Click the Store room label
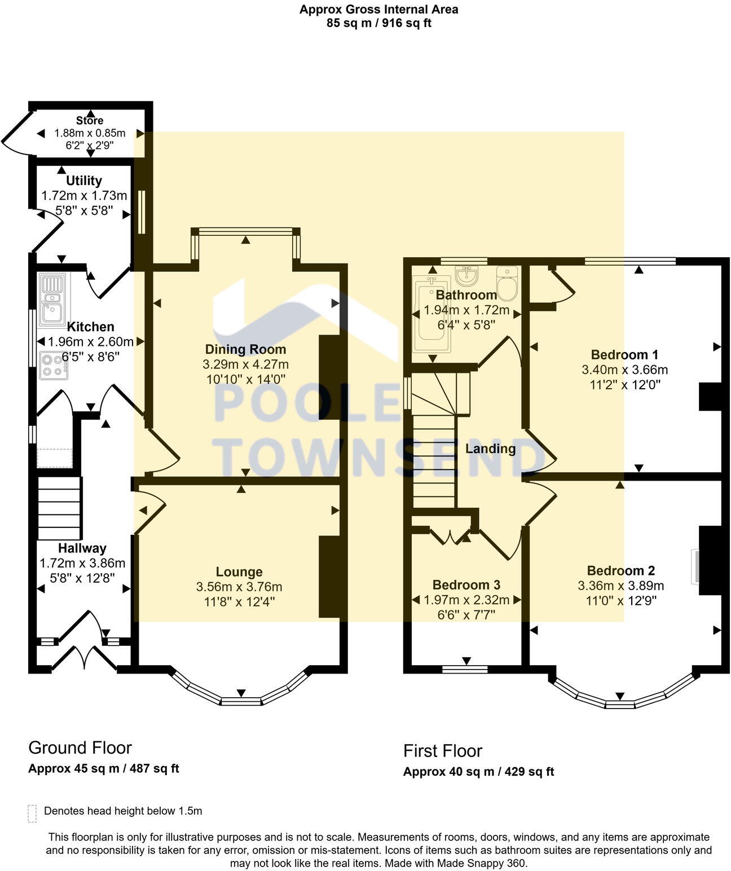(x=90, y=121)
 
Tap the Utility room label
(x=84, y=181)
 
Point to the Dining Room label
(x=245, y=349)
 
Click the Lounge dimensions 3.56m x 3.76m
(x=239, y=587)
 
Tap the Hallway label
(x=82, y=548)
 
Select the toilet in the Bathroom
(x=507, y=284)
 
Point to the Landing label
(x=490, y=448)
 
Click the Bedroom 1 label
(x=624, y=355)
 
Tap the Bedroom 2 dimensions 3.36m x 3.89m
(x=620, y=586)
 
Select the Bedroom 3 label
(x=466, y=585)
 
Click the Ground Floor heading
(x=80, y=748)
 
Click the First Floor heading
(x=443, y=751)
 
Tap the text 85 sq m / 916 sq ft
(x=378, y=23)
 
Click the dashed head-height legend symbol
(x=32, y=813)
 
